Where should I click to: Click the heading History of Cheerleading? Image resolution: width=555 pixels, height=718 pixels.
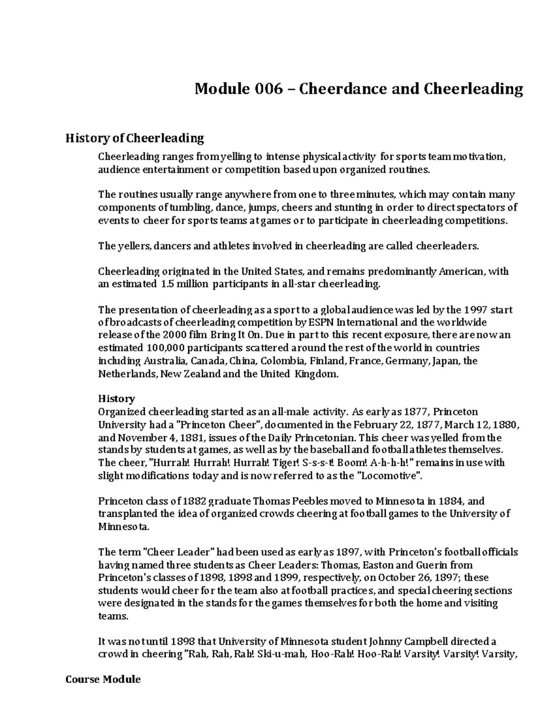pyautogui.click(x=135, y=138)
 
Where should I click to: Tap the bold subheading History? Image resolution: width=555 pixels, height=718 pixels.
pyautogui.click(x=117, y=399)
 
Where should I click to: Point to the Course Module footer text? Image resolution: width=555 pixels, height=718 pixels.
pyautogui.click(x=103, y=679)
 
